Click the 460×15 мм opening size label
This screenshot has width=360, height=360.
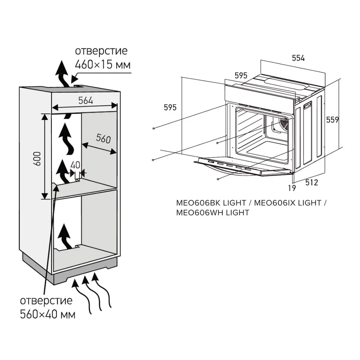[x=102, y=65]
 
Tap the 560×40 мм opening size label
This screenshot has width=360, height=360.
[x=48, y=314]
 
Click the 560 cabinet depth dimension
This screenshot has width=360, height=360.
[x=103, y=139]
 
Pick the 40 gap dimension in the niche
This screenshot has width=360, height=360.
[x=75, y=165]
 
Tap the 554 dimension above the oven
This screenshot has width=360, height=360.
[x=298, y=58]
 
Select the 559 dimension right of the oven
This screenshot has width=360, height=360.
[x=332, y=120]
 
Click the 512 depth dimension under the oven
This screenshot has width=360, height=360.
[x=312, y=183]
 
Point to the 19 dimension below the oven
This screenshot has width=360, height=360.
[x=292, y=188]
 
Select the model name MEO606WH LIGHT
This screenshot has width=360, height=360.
[x=212, y=213]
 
